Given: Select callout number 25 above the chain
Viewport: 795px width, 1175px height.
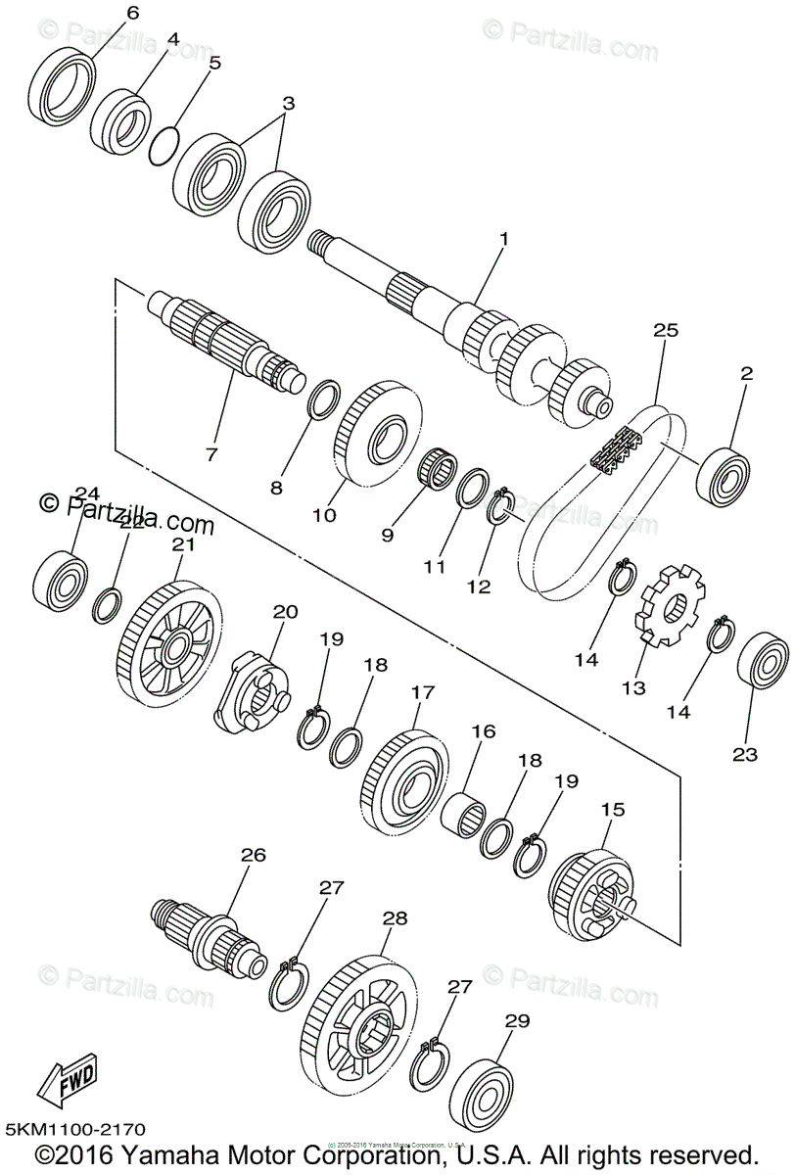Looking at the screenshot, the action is tap(665, 332).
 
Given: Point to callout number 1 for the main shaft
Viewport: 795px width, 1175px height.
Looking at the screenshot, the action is tap(504, 238).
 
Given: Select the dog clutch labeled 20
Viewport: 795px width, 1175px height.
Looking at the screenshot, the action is tap(251, 691).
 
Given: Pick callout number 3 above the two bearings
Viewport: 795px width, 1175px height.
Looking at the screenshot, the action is tap(288, 103).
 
